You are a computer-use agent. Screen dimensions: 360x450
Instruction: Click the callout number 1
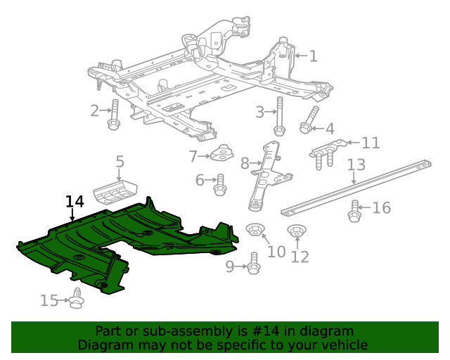point(313,56)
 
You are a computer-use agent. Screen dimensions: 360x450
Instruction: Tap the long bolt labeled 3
point(279,117)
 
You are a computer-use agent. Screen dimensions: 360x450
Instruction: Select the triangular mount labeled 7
point(223,153)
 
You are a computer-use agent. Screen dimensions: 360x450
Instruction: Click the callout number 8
point(245,164)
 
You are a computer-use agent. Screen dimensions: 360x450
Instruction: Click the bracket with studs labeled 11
point(326,153)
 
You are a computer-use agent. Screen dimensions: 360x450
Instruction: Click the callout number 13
point(356,165)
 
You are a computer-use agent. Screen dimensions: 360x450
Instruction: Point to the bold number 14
point(75,202)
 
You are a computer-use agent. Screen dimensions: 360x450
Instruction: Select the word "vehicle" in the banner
point(342,345)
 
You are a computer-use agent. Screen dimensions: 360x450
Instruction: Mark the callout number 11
point(371,143)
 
